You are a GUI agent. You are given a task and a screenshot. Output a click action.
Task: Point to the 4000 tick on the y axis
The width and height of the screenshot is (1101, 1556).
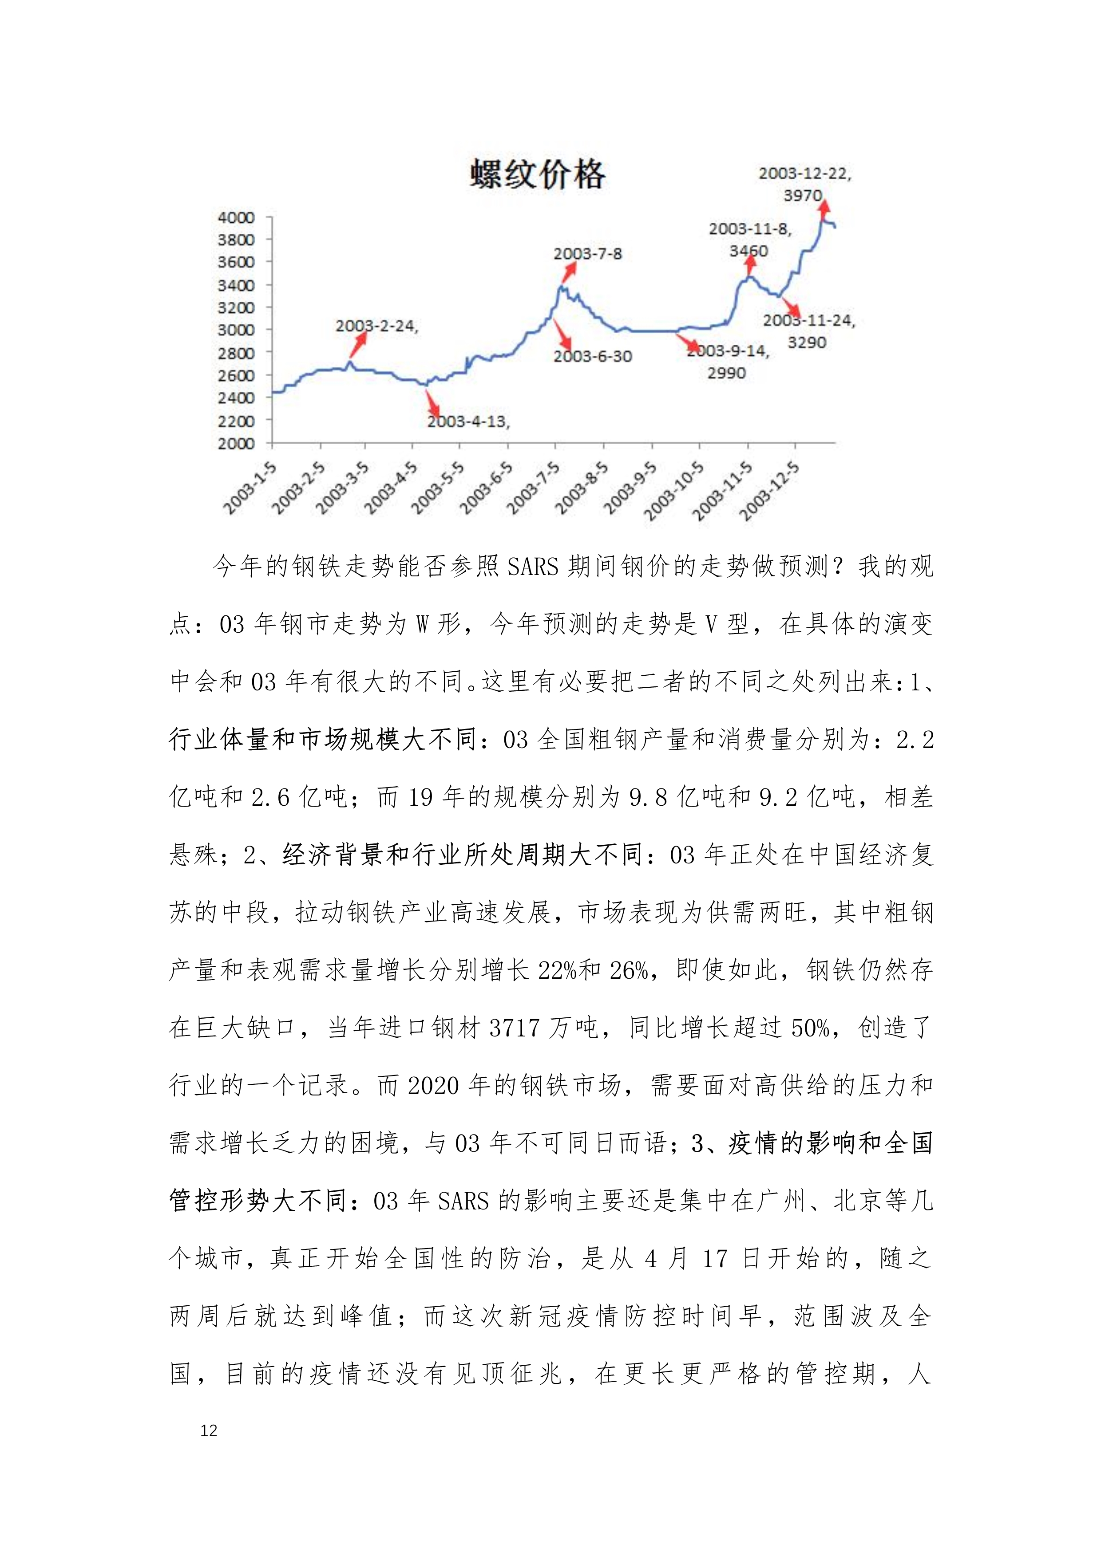(x=236, y=217)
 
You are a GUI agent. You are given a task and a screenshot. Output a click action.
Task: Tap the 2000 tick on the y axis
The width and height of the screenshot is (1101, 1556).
(x=236, y=443)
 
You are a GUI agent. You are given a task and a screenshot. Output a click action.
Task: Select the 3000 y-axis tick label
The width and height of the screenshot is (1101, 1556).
(x=236, y=330)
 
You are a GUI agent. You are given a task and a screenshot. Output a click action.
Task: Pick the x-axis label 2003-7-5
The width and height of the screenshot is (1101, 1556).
(x=534, y=488)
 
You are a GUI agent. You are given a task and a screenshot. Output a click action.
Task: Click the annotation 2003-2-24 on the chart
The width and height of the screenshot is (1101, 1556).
(x=376, y=326)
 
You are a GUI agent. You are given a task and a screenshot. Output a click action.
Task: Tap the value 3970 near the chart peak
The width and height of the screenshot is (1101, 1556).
(x=803, y=195)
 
